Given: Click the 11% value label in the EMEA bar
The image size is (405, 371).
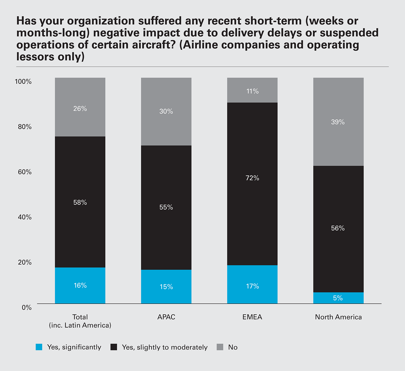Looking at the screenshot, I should coord(252,91).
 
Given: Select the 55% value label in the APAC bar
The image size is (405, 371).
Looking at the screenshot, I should coord(166,207).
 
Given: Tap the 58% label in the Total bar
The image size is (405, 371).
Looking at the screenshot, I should coord(80,203).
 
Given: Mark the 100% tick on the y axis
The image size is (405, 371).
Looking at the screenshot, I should coord(23,82).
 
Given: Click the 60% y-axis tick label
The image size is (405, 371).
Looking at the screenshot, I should coord(25,172).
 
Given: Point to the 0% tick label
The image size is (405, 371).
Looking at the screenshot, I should coord(27,308).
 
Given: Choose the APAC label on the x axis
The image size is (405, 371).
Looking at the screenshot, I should coord(166,317).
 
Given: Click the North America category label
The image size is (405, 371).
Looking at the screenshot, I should coord(338,317).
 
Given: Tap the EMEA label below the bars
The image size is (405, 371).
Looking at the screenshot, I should coord(252,317).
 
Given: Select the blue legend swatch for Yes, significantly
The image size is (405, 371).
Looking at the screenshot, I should coord(39,347).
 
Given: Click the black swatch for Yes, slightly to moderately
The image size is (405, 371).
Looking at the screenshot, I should coord(114,347).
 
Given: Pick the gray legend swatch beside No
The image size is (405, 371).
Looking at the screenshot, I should coord(220,347).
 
